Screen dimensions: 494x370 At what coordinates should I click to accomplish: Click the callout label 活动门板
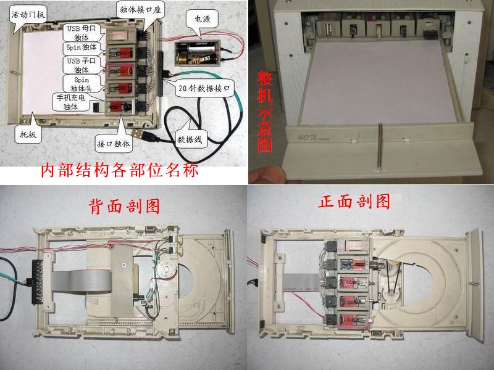[28, 14]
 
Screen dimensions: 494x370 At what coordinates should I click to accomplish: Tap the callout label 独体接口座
[140, 10]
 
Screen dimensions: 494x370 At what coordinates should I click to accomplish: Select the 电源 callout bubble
[202, 19]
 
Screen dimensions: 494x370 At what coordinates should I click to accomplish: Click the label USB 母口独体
[82, 33]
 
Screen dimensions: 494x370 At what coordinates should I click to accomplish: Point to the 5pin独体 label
[82, 47]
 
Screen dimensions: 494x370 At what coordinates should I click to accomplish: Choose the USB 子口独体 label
[82, 65]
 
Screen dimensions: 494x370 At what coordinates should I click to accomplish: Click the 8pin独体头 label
[82, 84]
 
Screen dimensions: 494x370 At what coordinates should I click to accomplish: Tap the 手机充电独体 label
[71, 102]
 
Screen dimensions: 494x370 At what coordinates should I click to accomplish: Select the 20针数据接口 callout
[204, 88]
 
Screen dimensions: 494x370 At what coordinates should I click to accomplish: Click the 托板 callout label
[28, 134]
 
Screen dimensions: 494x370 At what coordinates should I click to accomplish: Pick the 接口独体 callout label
[114, 144]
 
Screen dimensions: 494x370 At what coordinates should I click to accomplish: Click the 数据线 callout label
[190, 139]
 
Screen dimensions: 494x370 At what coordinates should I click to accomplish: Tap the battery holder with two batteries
[196, 53]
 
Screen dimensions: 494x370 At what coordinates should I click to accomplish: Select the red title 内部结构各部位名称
[120, 170]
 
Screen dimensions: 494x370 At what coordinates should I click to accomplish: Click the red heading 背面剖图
[124, 206]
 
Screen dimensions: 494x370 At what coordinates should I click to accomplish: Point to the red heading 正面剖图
[354, 202]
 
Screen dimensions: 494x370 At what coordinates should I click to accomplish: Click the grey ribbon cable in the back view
[82, 281]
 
